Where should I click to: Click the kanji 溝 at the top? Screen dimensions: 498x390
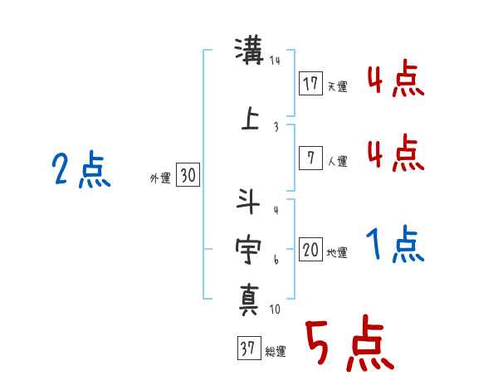coord(248,52)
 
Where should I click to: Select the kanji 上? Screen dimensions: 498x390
coord(249,119)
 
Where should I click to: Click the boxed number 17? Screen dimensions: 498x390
coord(310,83)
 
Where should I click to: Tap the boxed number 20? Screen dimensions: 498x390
coord(310,250)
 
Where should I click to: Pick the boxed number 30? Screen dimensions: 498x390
coord(188,175)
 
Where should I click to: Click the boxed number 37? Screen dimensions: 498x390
coord(248,348)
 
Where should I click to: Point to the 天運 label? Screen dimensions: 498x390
coord(337,86)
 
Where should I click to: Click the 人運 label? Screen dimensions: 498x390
coord(337,161)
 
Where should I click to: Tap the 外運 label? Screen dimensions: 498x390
coord(159,178)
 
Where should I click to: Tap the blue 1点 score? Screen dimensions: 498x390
coord(394,245)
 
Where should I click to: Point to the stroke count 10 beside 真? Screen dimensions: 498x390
coord(275,310)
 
